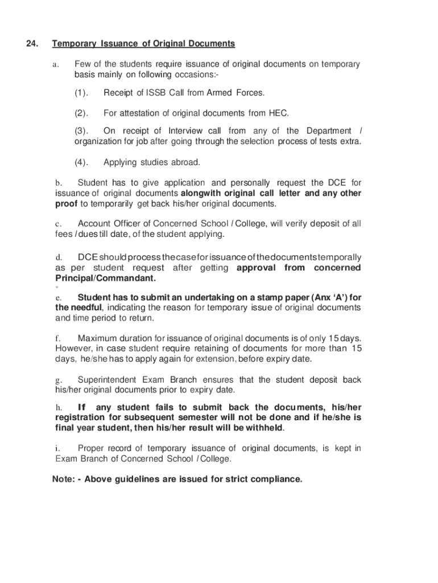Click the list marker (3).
81,131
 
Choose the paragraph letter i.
57,449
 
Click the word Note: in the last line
64,479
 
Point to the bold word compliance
276,479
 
